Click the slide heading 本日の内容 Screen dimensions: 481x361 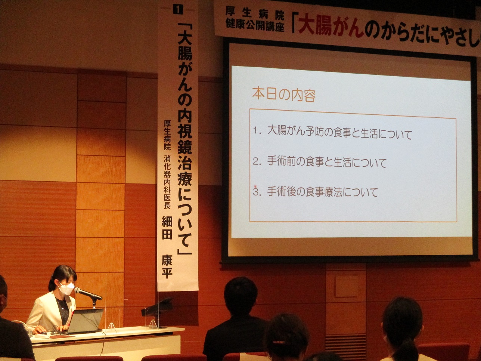284,95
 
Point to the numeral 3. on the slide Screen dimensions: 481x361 257,191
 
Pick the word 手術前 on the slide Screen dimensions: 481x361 283,162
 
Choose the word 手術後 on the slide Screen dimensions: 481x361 283,192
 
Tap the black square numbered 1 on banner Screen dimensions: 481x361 178,10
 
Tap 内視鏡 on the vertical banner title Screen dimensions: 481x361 185,132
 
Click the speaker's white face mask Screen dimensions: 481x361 67,288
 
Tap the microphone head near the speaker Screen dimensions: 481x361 78,290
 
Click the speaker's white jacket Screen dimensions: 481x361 48,311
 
